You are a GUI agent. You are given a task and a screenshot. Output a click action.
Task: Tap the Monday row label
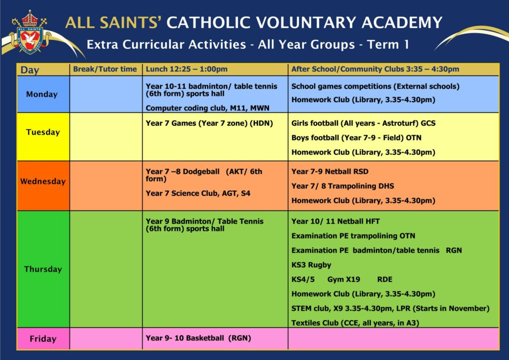point(42,94)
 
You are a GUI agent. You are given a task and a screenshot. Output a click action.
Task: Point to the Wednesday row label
point(43,181)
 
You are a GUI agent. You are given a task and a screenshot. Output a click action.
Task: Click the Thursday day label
point(43,269)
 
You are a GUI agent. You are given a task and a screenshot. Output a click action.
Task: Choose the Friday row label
point(43,339)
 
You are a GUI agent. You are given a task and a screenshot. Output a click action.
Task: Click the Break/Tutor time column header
point(105,69)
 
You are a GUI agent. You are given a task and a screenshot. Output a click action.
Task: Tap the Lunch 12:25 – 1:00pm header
point(187,69)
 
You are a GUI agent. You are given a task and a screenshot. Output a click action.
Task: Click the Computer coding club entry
point(207,108)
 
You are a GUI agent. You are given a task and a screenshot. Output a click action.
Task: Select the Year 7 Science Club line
point(198,193)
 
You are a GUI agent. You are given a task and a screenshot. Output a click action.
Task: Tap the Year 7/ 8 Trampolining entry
point(342,186)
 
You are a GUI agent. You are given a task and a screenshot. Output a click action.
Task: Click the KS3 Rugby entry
point(311,265)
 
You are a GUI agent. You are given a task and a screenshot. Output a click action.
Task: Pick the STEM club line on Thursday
point(390,308)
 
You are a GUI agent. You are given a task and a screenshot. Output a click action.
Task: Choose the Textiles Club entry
point(355,323)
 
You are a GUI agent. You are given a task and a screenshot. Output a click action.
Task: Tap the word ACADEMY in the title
point(402,23)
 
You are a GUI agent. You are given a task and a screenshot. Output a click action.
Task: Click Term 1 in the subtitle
point(388,44)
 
